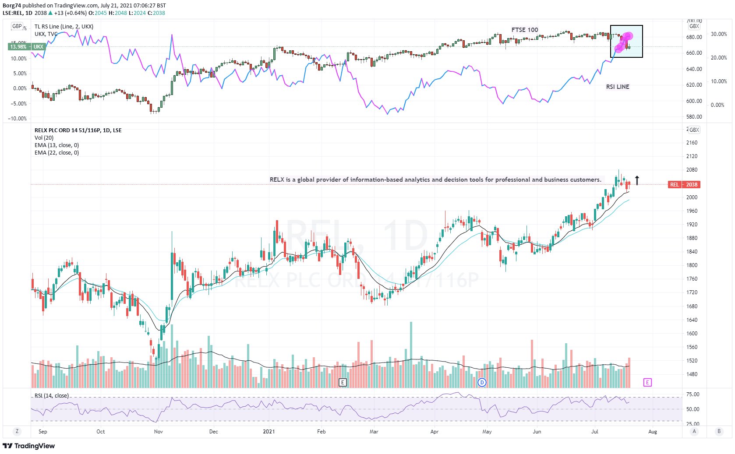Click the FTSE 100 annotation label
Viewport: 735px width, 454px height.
[524, 30]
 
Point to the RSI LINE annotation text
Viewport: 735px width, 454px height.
[617, 87]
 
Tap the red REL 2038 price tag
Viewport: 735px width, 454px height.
[684, 184]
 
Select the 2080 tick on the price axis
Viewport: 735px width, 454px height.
[692, 170]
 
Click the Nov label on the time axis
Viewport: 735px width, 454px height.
[158, 431]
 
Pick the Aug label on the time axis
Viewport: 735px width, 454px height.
[652, 431]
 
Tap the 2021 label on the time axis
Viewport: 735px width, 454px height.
[269, 431]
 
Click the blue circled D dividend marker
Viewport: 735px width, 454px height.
[482, 382]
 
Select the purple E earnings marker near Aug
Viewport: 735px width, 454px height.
[647, 382]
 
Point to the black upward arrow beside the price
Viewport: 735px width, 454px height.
[637, 180]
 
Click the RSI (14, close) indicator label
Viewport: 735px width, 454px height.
[52, 395]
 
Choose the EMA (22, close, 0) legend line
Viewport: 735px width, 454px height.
[57, 152]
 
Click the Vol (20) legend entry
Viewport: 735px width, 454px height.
[44, 137]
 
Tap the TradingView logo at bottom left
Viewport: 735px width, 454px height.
[29, 446]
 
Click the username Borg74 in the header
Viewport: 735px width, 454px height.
[12, 5]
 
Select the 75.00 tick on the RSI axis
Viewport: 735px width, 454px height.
[693, 394]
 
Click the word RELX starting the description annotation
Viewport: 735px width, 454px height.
[277, 179]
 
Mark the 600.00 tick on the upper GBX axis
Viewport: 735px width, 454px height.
[694, 101]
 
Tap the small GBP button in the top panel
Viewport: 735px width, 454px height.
[17, 26]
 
